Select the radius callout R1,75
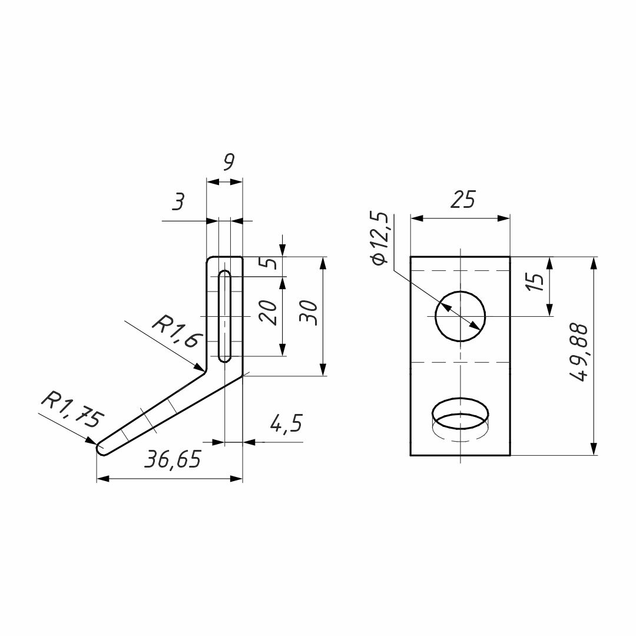72,409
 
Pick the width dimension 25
463,199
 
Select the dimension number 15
535,283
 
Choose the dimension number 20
269,313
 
